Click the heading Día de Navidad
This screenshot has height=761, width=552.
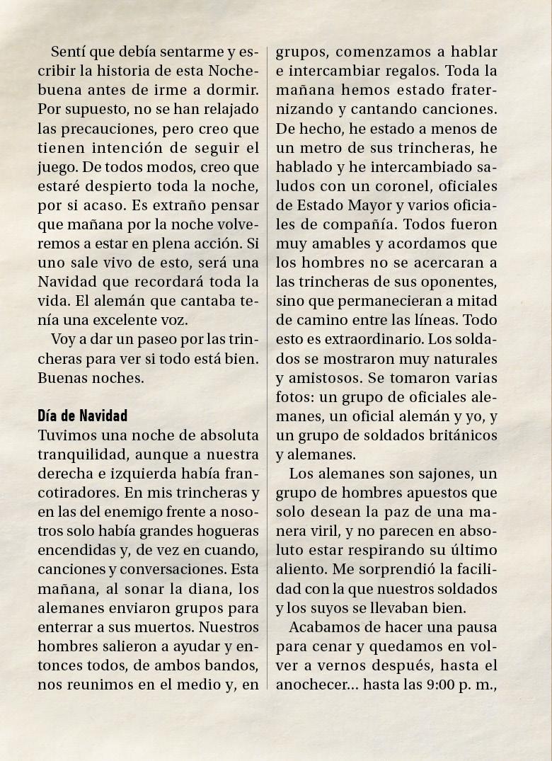pos(82,415)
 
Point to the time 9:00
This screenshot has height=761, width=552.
pos(445,685)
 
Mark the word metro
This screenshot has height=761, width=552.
pos(323,148)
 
